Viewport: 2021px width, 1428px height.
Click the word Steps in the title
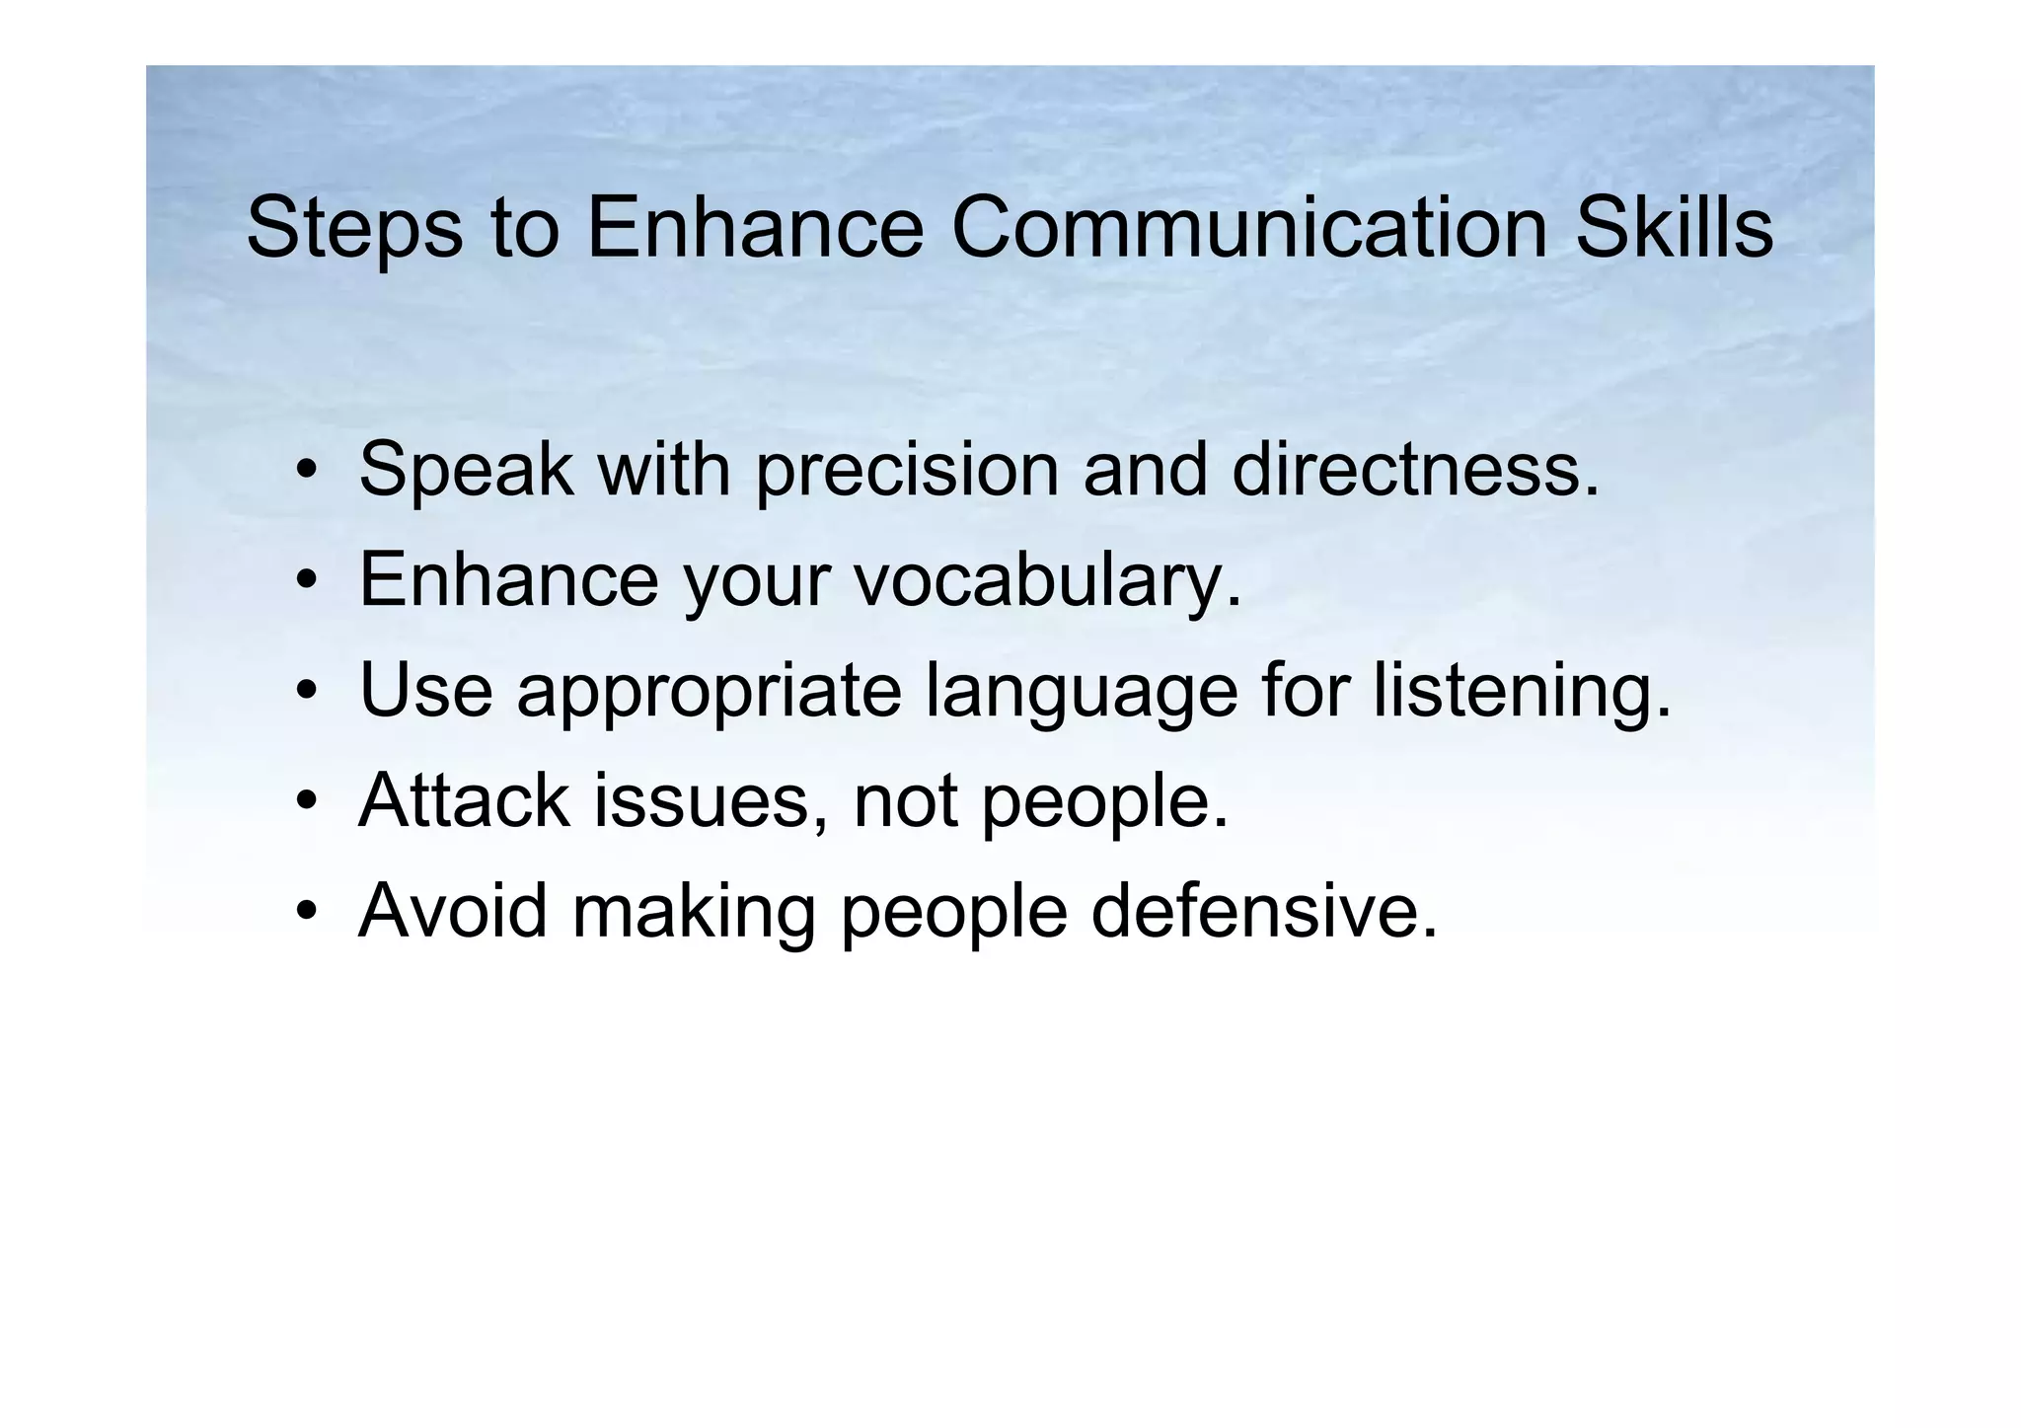pos(353,229)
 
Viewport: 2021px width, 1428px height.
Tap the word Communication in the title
pos(1248,227)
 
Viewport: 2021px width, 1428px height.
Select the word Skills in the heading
pos(1674,227)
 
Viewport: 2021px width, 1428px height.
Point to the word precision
pos(906,471)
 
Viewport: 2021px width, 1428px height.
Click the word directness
pos(1415,469)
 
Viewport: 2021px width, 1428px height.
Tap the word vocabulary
pos(1047,581)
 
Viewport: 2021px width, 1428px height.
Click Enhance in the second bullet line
pos(508,579)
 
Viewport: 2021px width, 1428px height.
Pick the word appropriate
pos(709,692)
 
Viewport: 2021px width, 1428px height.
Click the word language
pos(1082,692)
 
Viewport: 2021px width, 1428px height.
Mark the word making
pos(694,912)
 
